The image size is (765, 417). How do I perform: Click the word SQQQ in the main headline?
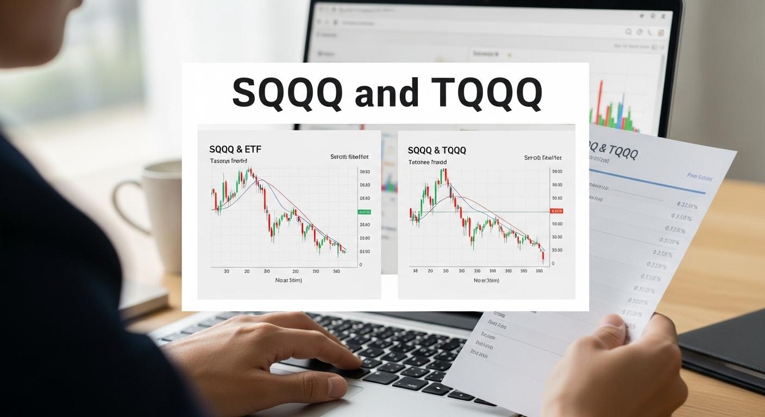click(x=287, y=93)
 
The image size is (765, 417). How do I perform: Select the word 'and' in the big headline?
click(x=386, y=93)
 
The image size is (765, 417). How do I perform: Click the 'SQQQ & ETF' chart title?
click(x=235, y=149)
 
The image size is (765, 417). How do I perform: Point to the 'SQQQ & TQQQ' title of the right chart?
click(x=437, y=150)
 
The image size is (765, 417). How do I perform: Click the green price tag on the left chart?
click(x=363, y=212)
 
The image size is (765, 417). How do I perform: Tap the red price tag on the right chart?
click(x=557, y=211)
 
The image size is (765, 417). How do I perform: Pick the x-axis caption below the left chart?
click(x=289, y=280)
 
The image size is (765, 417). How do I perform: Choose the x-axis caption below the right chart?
click(x=486, y=281)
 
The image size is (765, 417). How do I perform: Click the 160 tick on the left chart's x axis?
click(x=336, y=271)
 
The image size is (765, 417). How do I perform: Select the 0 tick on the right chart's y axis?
click(x=553, y=263)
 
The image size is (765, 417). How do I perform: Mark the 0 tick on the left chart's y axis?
click(x=361, y=264)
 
